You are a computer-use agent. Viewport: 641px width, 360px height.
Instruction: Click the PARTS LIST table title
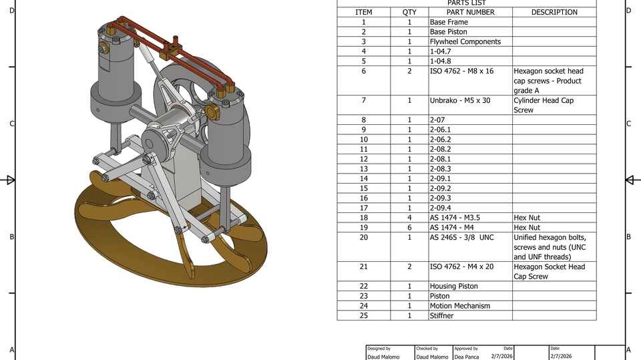coord(466,3)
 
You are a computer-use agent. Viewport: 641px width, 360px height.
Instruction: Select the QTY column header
coord(409,12)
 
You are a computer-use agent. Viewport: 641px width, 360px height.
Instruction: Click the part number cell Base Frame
coord(449,22)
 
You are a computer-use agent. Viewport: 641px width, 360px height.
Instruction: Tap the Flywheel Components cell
coord(465,41)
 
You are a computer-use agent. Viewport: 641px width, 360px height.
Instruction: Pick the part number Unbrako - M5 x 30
coord(460,100)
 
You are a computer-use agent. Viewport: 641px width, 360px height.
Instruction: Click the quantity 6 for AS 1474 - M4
coord(409,227)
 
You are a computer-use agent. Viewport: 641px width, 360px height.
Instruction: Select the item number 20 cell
coord(363,237)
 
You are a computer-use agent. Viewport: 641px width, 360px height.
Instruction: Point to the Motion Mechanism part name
coord(460,306)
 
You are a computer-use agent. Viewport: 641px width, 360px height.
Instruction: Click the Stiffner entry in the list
coord(442,315)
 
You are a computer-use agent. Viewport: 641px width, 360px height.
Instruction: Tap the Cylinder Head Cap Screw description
coord(543,105)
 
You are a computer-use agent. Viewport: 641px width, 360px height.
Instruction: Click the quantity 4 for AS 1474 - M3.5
coord(409,218)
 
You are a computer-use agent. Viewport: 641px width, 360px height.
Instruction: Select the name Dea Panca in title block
coord(468,357)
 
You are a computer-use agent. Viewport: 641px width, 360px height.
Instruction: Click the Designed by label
coord(379,349)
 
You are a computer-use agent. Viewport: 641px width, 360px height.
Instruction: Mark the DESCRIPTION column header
coord(554,12)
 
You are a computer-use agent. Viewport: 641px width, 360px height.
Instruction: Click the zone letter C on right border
coord(628,124)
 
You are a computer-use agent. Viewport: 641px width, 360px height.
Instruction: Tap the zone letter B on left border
coord(11,236)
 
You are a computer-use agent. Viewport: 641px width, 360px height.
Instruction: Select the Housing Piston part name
coord(454,286)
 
